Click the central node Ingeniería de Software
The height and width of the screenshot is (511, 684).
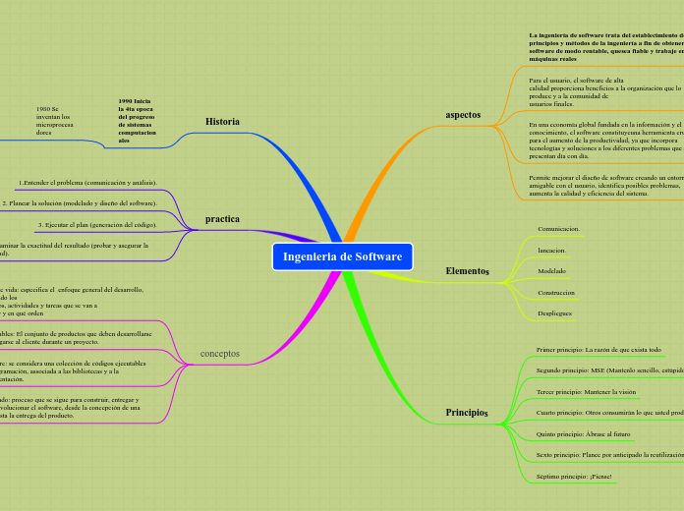(342, 256)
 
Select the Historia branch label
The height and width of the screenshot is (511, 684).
(222, 122)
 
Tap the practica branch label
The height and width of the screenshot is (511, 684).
(222, 218)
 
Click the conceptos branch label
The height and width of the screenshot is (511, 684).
(219, 353)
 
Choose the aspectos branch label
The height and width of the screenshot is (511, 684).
(463, 115)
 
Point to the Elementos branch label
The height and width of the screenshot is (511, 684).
(467, 270)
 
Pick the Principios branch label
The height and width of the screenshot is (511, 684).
(467, 413)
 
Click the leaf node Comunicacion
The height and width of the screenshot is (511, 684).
(558, 229)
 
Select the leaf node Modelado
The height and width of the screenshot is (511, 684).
(551, 270)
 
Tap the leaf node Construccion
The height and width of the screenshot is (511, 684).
(556, 293)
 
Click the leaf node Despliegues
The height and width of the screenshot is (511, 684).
(554, 312)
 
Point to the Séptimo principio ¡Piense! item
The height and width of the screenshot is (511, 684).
(574, 477)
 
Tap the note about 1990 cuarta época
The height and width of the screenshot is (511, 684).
(136, 121)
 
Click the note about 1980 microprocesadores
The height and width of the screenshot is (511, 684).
(52, 119)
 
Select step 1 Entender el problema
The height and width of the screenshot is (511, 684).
(86, 183)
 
